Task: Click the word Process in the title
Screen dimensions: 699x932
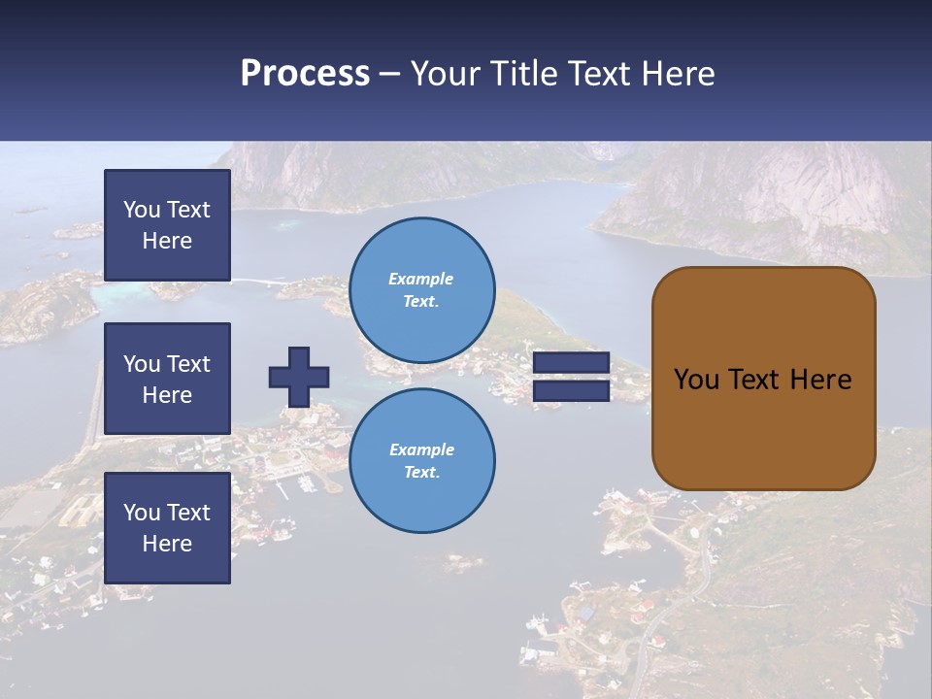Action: point(305,74)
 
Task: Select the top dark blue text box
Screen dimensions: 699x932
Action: point(167,225)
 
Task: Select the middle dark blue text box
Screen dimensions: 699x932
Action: point(167,379)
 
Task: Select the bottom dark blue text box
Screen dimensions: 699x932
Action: point(167,527)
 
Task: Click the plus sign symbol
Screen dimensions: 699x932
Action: point(299,377)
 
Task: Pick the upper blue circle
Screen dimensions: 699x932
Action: point(421,289)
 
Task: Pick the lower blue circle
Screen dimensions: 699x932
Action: point(421,460)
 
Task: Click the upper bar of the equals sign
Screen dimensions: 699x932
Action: point(571,362)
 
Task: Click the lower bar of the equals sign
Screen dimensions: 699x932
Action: point(571,390)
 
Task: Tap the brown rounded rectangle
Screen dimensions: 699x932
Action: point(763,427)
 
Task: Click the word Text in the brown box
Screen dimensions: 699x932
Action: point(751,380)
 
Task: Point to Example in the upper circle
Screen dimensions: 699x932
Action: point(421,279)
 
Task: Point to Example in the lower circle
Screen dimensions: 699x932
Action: point(421,449)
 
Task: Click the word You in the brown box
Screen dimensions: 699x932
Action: point(696,380)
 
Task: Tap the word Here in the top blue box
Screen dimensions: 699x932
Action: point(167,241)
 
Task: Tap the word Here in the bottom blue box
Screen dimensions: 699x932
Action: point(167,544)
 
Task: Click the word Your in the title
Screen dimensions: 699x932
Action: point(446,74)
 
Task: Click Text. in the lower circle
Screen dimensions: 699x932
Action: point(421,472)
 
